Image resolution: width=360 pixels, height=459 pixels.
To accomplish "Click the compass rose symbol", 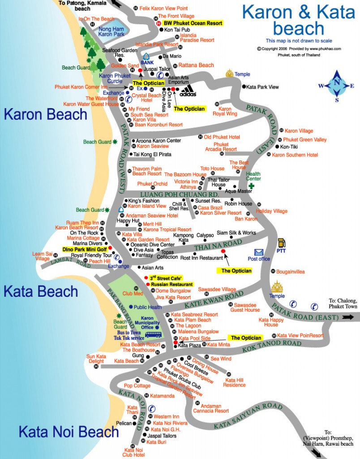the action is click(337, 86).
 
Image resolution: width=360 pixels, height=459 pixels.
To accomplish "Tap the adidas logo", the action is click(188, 91).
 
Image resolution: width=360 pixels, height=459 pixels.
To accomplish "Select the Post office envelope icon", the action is click(259, 252).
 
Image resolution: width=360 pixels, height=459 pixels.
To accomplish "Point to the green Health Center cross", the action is click(251, 186).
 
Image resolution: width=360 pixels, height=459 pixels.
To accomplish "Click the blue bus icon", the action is click(153, 334).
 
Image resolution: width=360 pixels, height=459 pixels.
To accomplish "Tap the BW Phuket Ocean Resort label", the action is click(193, 23).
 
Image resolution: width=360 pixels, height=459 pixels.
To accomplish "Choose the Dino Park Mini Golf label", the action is click(85, 249).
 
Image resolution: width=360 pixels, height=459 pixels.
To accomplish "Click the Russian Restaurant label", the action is click(171, 284).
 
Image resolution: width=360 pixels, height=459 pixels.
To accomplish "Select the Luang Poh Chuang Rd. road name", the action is click(180, 195).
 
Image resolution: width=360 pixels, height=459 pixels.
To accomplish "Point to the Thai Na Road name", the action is click(218, 245).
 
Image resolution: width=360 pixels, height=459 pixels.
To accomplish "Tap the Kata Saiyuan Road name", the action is click(248, 416).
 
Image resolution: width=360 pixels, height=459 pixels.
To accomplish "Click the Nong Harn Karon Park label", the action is click(111, 32).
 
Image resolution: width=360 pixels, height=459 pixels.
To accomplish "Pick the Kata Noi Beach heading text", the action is click(69, 432).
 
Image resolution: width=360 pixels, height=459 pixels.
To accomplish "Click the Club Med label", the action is click(133, 293).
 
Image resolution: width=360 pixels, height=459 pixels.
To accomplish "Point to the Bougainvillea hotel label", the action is click(291, 272).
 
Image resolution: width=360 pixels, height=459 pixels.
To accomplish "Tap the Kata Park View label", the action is click(262, 87).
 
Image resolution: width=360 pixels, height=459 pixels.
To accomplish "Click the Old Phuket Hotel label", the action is click(222, 137).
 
